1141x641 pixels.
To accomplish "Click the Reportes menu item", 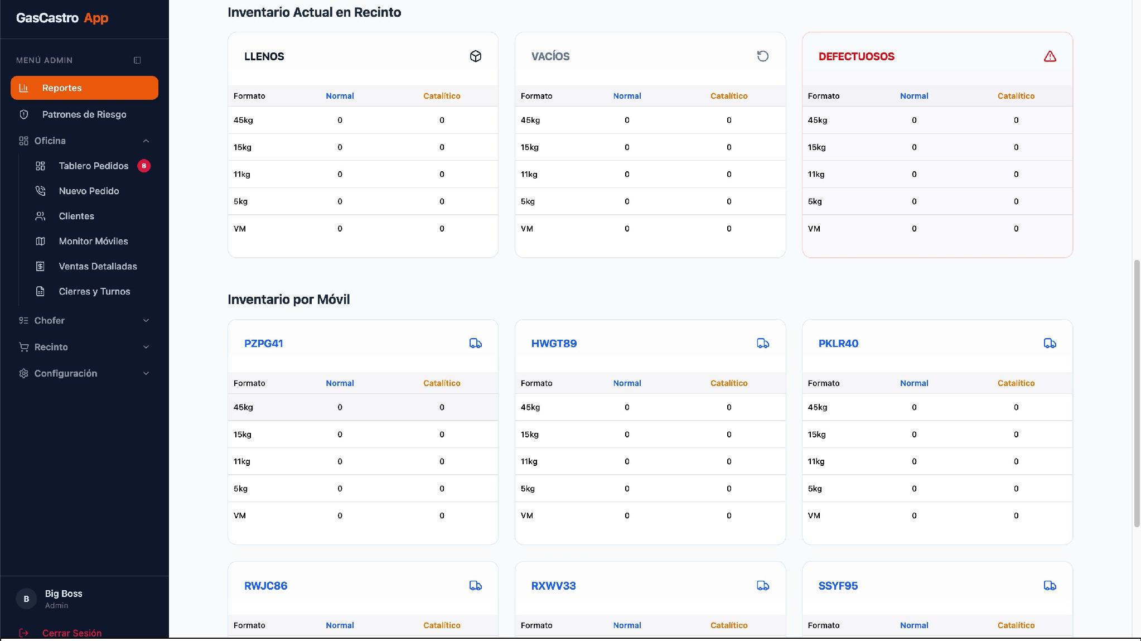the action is pos(84,88).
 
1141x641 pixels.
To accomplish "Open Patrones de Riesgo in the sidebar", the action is pos(84,114).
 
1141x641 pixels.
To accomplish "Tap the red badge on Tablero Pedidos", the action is pos(144,166).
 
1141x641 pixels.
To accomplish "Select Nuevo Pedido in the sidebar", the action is pos(89,191).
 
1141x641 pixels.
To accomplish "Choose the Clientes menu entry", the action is pos(76,216).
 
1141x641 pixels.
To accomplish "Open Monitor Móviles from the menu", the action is pos(93,241).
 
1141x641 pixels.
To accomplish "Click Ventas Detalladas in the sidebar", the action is pos(98,266).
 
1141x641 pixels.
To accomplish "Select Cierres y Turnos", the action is pos(94,291).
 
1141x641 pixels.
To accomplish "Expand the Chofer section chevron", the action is pos(146,320).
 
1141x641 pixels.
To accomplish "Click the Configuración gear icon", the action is pos(23,373).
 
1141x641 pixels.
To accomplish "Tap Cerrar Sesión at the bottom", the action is pos(72,633).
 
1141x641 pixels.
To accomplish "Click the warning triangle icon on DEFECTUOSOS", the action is pos(1050,56).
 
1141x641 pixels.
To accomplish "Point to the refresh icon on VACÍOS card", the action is pos(763,56).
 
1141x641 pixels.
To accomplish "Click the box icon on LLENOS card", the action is pos(476,56).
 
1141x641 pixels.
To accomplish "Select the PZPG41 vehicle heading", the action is pos(264,344).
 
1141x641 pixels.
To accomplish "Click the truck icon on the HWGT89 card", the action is pos(763,344).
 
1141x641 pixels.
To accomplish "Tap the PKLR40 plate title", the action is pos(838,344).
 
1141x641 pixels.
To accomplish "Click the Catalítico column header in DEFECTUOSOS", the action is pos(1016,96).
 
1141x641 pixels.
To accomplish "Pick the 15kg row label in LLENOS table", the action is pos(243,147).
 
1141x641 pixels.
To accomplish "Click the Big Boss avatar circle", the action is pos(26,599).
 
